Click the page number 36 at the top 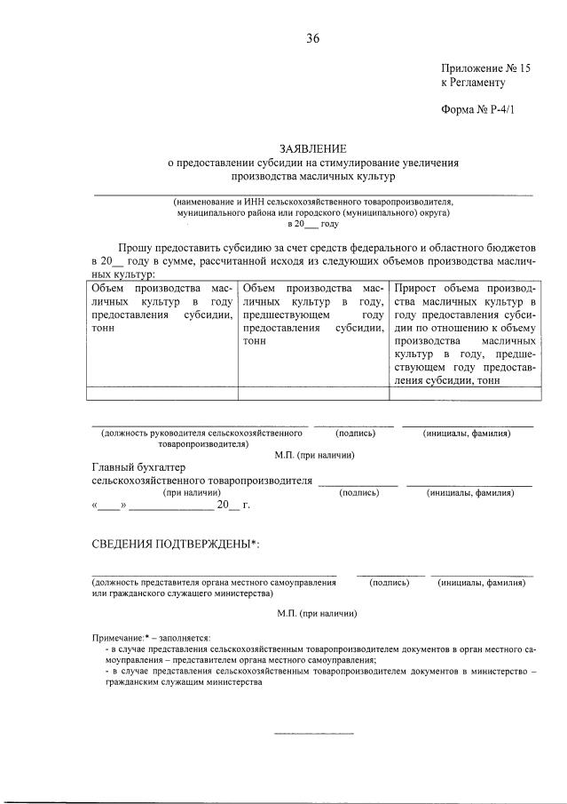click(x=312, y=38)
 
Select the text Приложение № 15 click(x=484, y=68)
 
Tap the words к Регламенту click(x=473, y=83)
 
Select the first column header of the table click(x=162, y=308)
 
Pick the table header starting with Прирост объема click(x=463, y=334)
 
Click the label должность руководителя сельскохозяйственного click(x=202, y=434)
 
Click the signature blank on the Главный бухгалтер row click(x=358, y=483)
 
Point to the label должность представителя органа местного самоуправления click(x=214, y=582)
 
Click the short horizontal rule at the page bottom click(x=312, y=734)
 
